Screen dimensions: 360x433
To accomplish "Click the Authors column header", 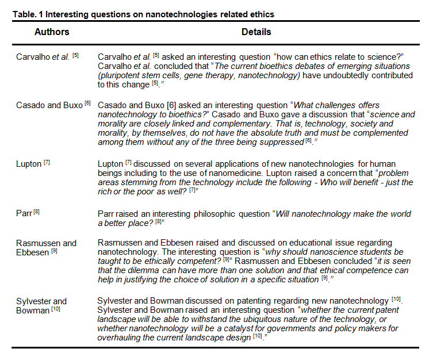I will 52,32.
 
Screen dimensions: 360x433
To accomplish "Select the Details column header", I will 256,32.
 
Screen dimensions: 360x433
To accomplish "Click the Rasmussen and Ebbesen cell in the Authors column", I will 46,248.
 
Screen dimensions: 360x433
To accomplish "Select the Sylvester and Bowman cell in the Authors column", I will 41,305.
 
